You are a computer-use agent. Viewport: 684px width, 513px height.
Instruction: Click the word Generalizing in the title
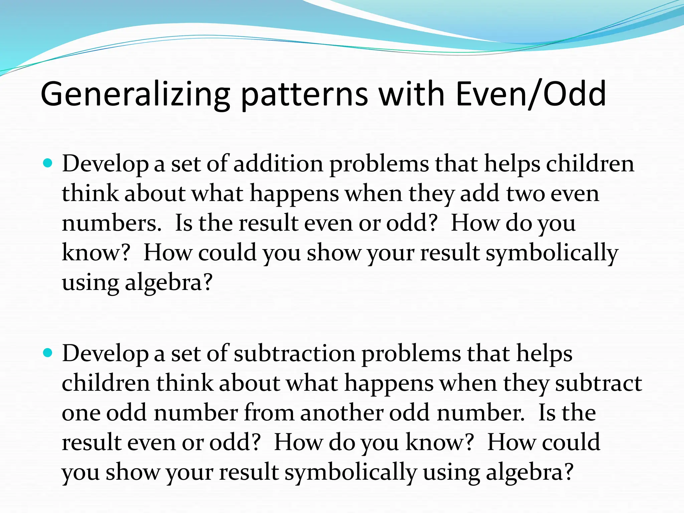(x=135, y=95)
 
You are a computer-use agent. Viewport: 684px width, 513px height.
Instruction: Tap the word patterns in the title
(x=304, y=95)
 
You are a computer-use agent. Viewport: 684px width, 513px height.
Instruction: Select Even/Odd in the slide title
(x=531, y=95)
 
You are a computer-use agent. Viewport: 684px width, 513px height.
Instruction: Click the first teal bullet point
(x=48, y=163)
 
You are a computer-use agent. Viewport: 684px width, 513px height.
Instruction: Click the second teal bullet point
(x=48, y=353)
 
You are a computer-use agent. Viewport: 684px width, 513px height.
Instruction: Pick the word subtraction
(x=294, y=354)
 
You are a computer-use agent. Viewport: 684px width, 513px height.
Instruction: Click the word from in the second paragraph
(x=269, y=413)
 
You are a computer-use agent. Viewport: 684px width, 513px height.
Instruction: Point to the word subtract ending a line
(x=598, y=383)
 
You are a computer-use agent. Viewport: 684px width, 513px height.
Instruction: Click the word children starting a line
(x=106, y=383)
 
